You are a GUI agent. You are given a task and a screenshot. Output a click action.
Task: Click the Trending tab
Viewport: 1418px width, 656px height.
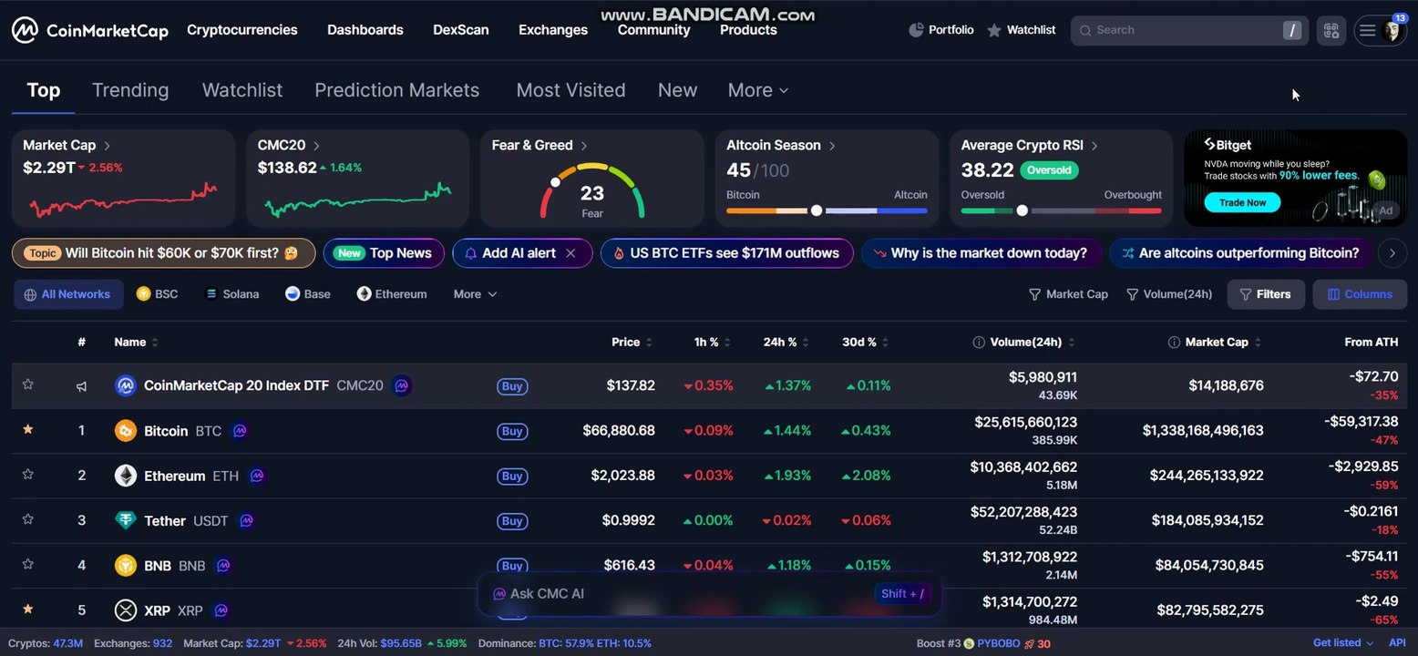tap(130, 90)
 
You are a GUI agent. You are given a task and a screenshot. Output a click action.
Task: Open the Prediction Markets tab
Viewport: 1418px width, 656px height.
tap(397, 90)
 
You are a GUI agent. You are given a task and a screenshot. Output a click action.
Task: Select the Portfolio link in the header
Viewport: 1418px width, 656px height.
tap(941, 30)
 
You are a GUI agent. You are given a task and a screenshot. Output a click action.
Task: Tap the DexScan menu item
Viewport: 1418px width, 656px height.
tap(461, 30)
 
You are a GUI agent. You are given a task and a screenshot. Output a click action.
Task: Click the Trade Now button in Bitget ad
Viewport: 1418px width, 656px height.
tap(1242, 202)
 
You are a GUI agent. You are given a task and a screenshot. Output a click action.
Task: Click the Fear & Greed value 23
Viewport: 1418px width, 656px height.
tap(591, 193)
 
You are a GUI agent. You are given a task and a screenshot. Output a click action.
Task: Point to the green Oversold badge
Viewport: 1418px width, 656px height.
tap(1049, 170)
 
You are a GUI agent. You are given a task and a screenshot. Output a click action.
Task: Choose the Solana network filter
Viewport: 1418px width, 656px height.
tap(232, 294)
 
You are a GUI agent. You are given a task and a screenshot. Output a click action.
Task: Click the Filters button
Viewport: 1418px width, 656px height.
tap(1266, 294)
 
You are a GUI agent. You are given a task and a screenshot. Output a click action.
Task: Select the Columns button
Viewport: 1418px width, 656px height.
tap(1360, 294)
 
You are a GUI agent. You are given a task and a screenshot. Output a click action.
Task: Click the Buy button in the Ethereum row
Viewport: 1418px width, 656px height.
tap(512, 476)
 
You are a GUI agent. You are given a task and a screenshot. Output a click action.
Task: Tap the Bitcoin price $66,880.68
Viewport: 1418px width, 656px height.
tap(619, 430)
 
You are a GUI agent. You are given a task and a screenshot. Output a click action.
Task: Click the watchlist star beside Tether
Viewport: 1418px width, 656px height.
tap(28, 519)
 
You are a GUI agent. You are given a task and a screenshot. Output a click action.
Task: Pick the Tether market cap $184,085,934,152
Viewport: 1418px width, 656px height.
tap(1207, 520)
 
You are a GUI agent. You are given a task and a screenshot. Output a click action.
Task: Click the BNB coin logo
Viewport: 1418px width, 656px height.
tap(126, 565)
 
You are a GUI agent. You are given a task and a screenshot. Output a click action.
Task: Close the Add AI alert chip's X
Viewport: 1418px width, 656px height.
tap(571, 253)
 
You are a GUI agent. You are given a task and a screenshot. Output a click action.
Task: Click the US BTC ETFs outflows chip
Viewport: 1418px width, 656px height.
tap(726, 253)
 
